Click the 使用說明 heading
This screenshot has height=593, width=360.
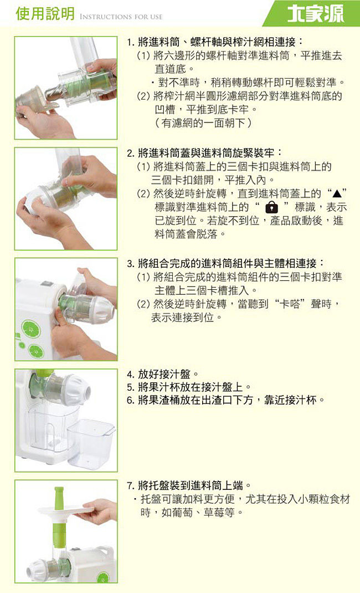tap(45, 14)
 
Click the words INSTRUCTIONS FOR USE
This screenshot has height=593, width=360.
tap(121, 17)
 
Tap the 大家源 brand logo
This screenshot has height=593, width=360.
tap(316, 14)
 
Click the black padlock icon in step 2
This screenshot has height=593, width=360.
tap(271, 207)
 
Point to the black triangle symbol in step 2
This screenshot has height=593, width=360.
tap(337, 194)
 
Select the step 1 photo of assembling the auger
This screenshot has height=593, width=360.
tap(66, 88)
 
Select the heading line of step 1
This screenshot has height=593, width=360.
tap(215, 42)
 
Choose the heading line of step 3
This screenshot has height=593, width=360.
tap(225, 263)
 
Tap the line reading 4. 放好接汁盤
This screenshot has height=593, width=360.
tap(163, 375)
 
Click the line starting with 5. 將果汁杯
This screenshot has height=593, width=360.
tap(189, 387)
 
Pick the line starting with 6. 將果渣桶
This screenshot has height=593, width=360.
tap(225, 400)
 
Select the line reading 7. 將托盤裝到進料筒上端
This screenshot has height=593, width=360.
tap(189, 485)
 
